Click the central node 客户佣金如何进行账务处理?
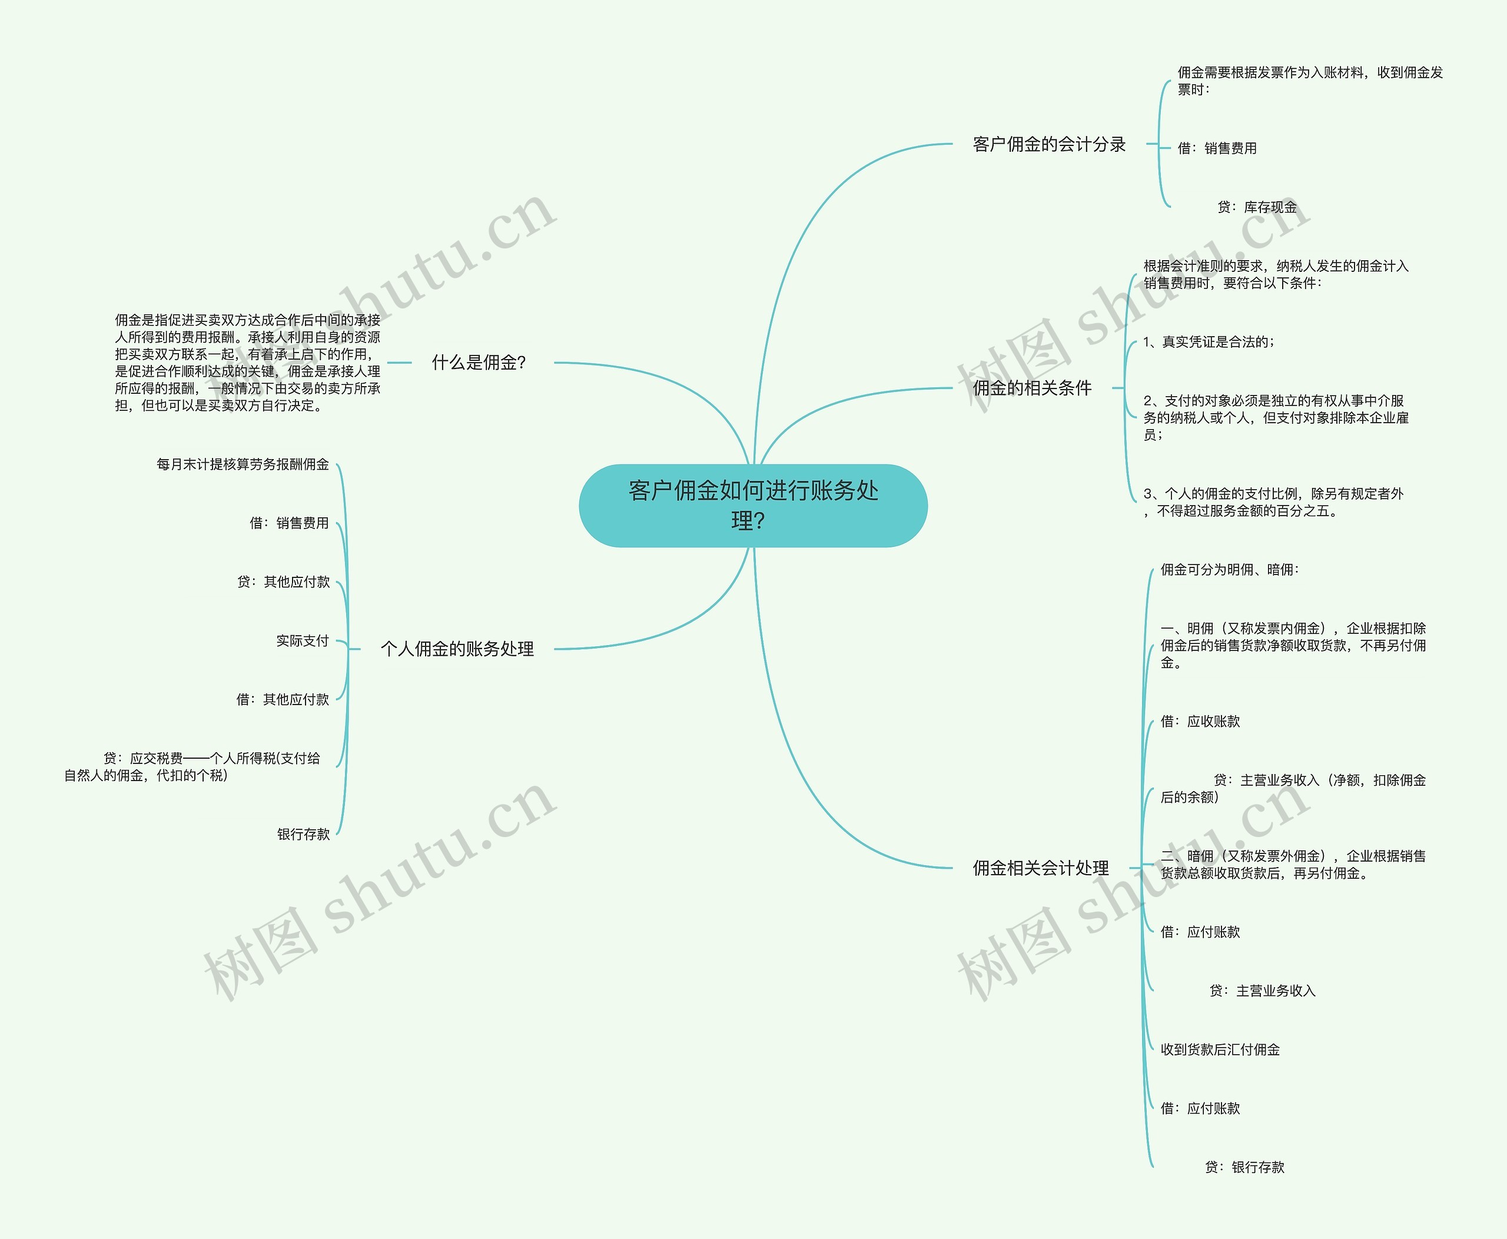point(752,505)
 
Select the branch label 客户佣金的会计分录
point(1048,144)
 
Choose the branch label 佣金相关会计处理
point(1040,868)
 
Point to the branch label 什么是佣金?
point(479,363)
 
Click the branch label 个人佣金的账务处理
point(457,649)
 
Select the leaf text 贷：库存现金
point(1256,207)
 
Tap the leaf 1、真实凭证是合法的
point(1209,342)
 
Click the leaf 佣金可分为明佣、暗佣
point(1229,570)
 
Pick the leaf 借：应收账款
point(1200,722)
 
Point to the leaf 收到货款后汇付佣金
point(1220,1049)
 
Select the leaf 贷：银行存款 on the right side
point(1244,1167)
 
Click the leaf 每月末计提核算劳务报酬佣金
point(243,464)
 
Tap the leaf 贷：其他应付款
point(283,582)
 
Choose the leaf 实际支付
point(303,641)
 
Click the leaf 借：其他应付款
point(283,699)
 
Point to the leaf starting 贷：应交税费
point(192,766)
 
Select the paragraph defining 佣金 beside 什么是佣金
point(247,363)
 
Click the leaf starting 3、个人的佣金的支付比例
point(1273,501)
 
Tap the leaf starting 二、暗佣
point(1293,864)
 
